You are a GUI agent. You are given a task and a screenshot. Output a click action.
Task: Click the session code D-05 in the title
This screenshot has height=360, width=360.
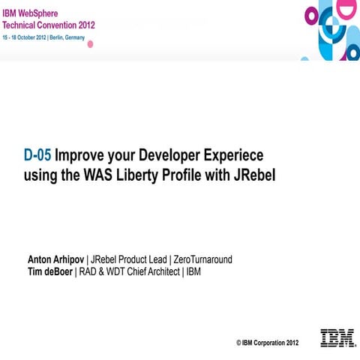[37, 156]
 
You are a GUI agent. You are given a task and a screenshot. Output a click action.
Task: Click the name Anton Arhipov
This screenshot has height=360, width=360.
[56, 259]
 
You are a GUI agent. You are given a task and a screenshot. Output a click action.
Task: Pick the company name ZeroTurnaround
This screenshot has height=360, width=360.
[202, 259]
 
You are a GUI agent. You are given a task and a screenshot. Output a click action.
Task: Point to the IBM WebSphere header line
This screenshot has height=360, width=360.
[37, 13]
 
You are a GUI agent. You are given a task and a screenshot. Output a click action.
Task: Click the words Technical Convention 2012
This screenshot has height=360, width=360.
[48, 24]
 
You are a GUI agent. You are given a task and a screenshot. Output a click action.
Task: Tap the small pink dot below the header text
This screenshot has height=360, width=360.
[91, 44]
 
